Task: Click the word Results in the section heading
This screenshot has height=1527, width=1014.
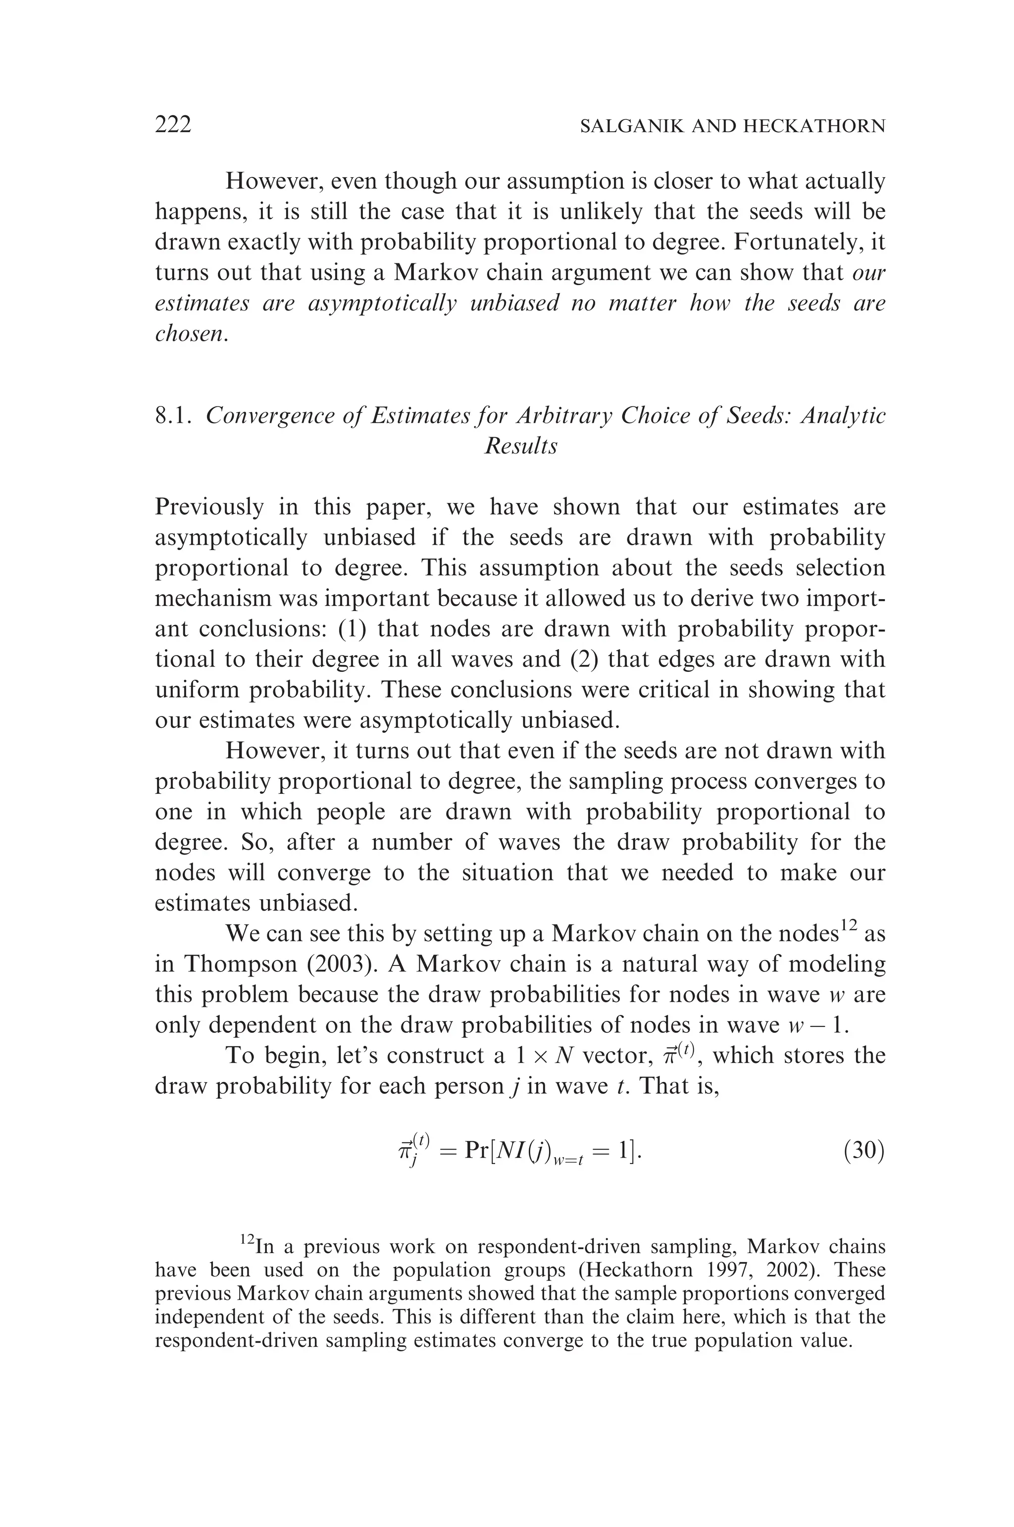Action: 520,446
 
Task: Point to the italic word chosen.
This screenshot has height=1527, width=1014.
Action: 191,333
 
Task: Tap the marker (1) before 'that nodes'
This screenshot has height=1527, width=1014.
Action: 353,629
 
